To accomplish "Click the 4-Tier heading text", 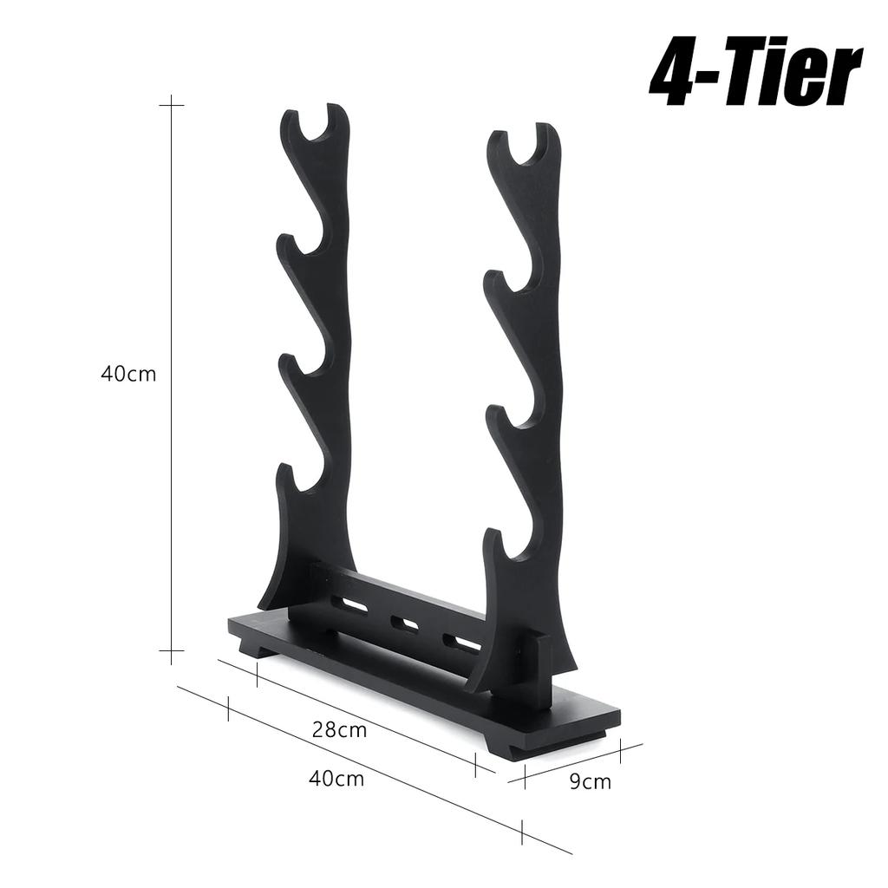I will pyautogui.click(x=754, y=76).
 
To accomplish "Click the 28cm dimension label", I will pyautogui.click(x=339, y=730).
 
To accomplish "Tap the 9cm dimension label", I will pyautogui.click(x=590, y=782).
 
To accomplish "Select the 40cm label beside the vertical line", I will pyautogui.click(x=128, y=375).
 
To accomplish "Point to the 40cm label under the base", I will pyautogui.click(x=336, y=778).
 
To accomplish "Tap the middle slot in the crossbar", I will pyautogui.click(x=405, y=623).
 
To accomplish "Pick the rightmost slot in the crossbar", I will pyautogui.click(x=460, y=643).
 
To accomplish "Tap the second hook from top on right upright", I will pyautogui.click(x=512, y=286).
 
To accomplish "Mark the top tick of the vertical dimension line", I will pyautogui.click(x=172, y=105).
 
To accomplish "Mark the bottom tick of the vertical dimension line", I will pyautogui.click(x=172, y=649).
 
